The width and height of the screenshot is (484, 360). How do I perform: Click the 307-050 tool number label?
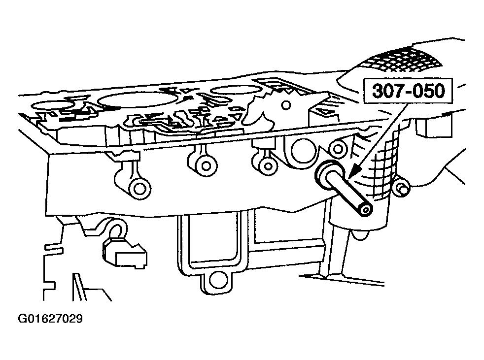[408, 91]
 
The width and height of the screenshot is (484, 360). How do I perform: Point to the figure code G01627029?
[50, 318]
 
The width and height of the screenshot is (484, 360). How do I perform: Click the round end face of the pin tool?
[366, 210]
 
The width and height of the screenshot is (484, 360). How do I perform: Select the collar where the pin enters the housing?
[324, 174]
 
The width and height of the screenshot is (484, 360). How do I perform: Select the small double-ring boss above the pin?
[339, 149]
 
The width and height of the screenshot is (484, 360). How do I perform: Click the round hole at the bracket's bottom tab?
[218, 281]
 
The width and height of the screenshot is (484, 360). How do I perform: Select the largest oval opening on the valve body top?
[136, 98]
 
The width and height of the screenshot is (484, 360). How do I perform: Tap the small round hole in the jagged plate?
[286, 105]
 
